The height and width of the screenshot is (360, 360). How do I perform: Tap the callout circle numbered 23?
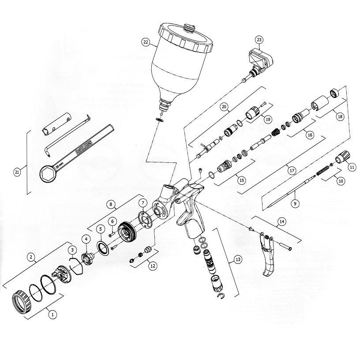pos(259,40)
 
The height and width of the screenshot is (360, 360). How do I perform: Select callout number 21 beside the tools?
pos(17,172)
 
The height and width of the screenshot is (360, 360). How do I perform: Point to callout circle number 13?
pos(238,259)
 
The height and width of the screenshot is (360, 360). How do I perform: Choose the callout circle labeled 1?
pos(52,315)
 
